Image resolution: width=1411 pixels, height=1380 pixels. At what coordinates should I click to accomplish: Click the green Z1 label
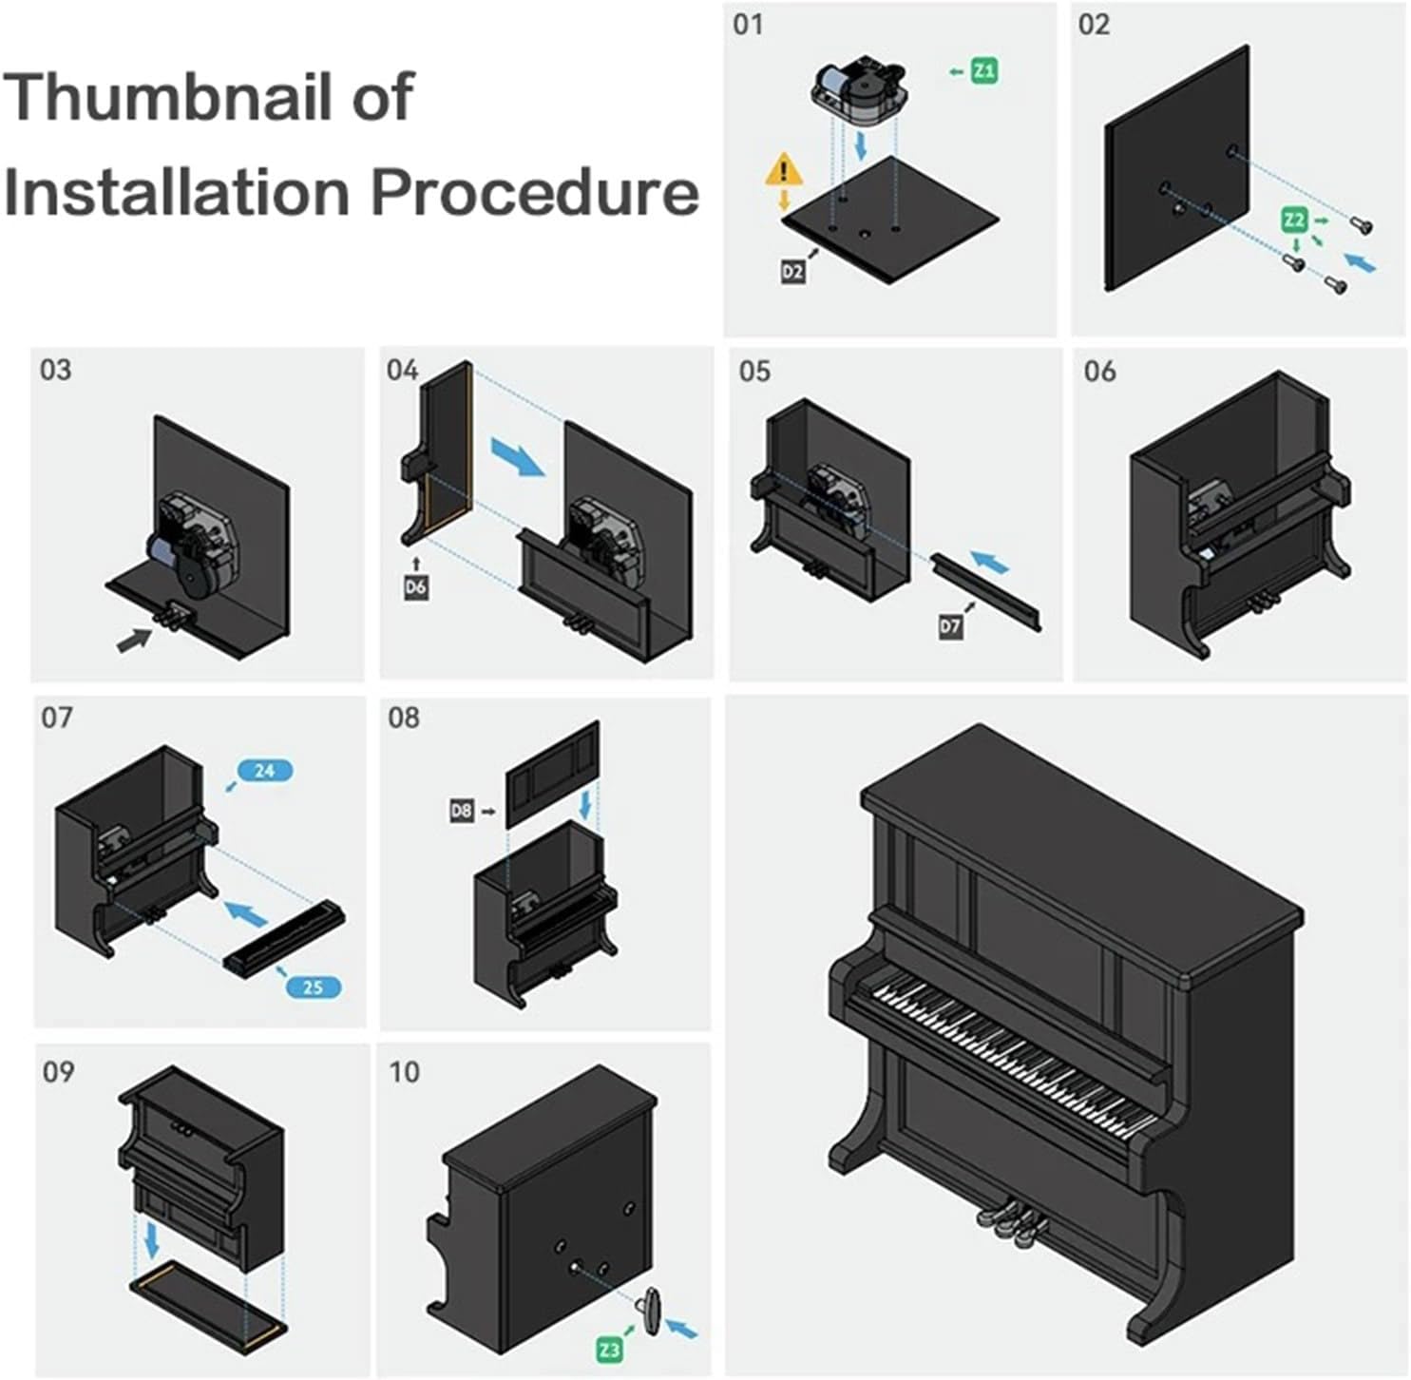[984, 70]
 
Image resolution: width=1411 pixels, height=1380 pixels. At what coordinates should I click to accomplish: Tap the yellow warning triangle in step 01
[784, 172]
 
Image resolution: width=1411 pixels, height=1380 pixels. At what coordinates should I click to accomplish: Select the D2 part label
[792, 272]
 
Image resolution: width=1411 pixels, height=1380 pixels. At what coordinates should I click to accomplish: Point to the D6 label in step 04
[415, 587]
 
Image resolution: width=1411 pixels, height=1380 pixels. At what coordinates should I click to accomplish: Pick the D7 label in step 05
[950, 626]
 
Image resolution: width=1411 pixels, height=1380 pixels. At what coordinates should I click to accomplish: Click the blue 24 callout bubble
[265, 771]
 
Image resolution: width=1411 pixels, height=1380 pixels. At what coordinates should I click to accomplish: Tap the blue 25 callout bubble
[313, 987]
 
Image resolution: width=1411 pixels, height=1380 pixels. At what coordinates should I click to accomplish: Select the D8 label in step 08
[461, 811]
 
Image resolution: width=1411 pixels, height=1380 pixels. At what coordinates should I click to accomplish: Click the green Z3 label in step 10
[609, 1348]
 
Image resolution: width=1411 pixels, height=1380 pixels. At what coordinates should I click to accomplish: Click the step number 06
[1099, 371]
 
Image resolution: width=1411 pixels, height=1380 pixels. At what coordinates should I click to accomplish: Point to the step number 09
[58, 1072]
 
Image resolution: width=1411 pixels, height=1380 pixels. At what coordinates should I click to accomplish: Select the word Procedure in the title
[534, 192]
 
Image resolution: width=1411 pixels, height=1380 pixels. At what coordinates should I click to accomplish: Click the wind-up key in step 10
[652, 1312]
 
